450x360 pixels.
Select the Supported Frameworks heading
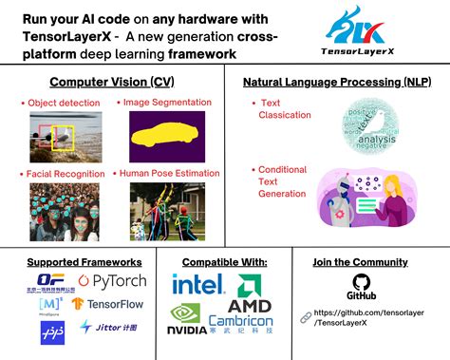[84, 262]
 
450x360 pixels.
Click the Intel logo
[197, 284]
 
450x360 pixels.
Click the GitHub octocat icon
[359, 282]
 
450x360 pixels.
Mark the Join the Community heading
[360, 262]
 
